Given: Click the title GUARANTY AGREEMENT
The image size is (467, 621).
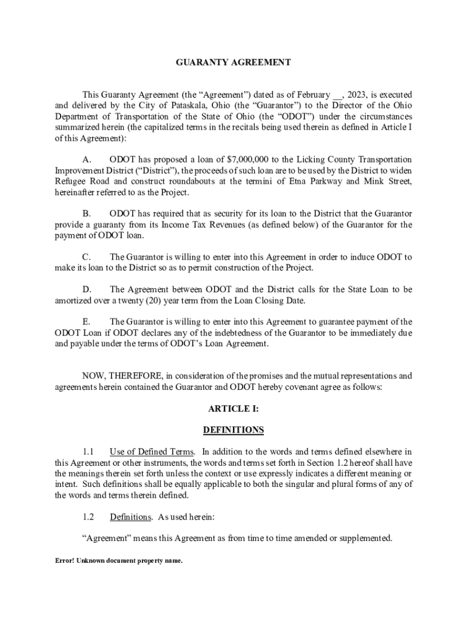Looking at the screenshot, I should tap(233, 62).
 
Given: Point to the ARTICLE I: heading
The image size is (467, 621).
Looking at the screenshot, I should tap(233, 409).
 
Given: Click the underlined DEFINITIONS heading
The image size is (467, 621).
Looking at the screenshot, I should tap(233, 430).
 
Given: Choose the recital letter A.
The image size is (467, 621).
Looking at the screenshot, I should tap(86, 159).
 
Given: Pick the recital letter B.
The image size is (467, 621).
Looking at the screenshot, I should tap(86, 214).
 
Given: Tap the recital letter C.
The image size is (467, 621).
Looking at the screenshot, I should tap(86, 257).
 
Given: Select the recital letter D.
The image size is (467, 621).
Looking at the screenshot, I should tap(86, 290).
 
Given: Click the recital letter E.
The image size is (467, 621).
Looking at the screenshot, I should tap(86, 322).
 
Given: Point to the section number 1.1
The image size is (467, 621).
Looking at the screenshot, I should tap(88, 452).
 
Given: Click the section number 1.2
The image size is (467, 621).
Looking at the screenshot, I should tap(88, 517).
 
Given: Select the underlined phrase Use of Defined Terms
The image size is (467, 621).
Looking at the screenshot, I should tap(152, 452).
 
